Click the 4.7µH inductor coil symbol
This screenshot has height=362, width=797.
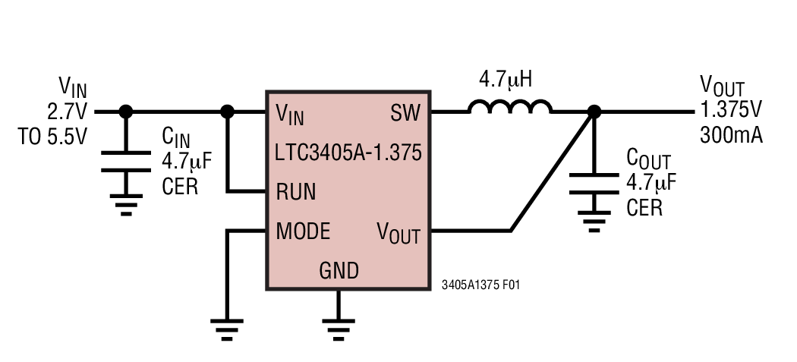(510, 108)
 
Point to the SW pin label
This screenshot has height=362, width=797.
(405, 114)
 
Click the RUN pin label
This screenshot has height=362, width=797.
(295, 191)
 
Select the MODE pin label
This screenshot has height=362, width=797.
(303, 231)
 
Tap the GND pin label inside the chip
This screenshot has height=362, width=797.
(339, 270)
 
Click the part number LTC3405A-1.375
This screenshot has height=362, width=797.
(348, 154)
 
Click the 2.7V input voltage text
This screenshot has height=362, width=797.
(68, 112)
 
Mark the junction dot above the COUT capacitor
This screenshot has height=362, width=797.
(594, 112)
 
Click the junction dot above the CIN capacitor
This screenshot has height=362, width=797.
(126, 112)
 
